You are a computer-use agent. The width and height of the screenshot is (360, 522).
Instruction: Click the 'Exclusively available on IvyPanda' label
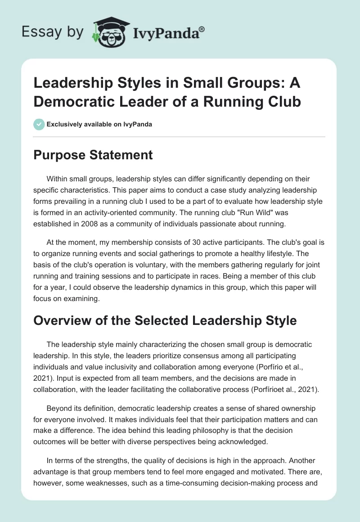tap(99, 124)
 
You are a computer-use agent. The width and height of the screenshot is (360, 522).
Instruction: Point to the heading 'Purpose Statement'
tap(94, 155)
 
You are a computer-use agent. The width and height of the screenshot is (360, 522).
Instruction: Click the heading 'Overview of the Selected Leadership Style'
tap(165, 320)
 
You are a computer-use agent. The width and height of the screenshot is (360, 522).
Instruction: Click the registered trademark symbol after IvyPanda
tap(202, 28)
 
